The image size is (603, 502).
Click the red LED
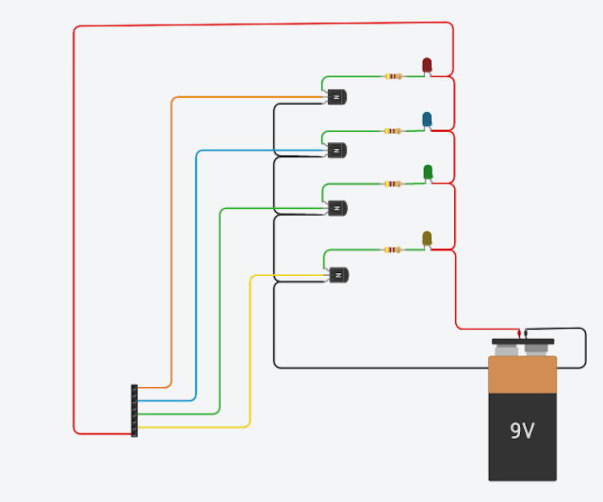click(427, 64)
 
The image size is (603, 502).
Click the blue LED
click(427, 119)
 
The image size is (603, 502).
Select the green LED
click(428, 171)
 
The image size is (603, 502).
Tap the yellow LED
click(427, 238)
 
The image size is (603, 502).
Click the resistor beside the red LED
click(394, 76)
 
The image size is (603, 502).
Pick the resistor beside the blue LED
click(393, 131)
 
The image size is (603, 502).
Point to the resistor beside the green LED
click(392, 184)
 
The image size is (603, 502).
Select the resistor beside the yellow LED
click(392, 250)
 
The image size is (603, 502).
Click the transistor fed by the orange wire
click(337, 96)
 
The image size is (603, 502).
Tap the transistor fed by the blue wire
click(337, 150)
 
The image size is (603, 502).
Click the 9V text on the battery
click(522, 431)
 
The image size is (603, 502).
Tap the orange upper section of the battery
click(522, 374)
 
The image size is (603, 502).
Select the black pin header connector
click(135, 411)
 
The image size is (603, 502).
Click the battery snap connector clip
click(523, 341)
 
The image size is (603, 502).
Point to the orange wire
click(171, 235)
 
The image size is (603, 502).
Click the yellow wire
click(250, 358)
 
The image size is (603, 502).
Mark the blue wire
click(196, 283)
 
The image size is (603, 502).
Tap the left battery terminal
click(506, 350)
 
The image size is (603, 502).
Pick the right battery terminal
click(536, 349)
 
